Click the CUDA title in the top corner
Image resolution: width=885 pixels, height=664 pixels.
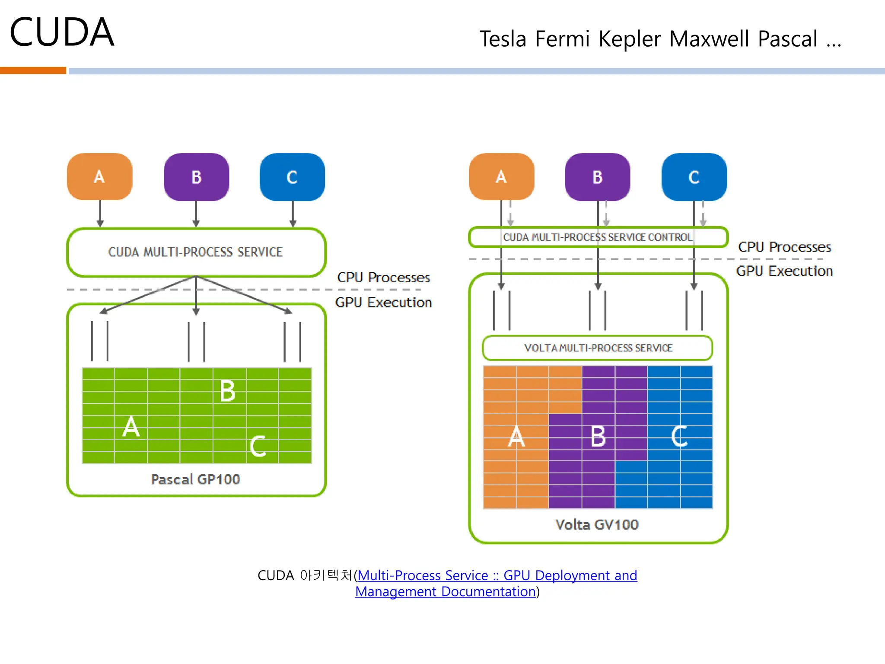point(62,32)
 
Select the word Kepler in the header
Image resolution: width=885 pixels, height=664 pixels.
point(630,39)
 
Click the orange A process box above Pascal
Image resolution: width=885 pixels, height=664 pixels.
point(100,177)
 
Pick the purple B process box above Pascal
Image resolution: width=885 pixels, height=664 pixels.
point(196,177)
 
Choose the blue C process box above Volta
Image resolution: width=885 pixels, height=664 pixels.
point(694,177)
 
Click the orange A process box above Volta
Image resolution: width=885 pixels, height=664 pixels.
point(501,177)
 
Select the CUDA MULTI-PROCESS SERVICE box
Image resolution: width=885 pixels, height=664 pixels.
point(196,252)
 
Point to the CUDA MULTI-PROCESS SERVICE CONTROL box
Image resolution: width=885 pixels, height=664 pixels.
point(598,237)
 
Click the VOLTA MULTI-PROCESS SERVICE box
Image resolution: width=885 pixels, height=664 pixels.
point(598,348)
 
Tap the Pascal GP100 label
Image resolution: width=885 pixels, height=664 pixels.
point(195,479)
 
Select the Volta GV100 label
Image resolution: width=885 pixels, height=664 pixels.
point(597,525)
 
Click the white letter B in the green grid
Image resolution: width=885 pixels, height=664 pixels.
point(227,391)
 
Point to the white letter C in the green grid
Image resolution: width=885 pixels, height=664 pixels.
point(258,446)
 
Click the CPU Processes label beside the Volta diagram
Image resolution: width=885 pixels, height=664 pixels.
point(784,247)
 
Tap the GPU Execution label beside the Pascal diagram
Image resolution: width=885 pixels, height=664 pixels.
point(383,303)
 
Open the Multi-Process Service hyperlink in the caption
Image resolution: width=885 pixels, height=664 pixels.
point(497,576)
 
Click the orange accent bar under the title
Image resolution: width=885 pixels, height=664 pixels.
point(33,70)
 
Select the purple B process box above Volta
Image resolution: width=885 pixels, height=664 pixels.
point(598,177)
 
